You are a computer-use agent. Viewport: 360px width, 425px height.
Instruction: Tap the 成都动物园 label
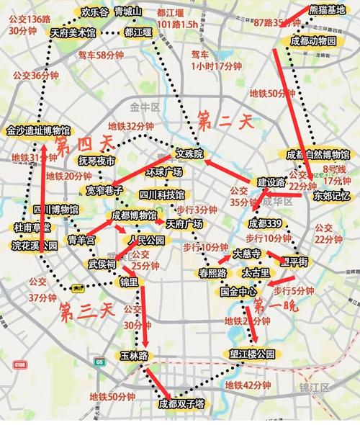click(x=313, y=42)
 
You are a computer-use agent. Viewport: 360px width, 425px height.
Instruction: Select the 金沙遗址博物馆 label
click(x=38, y=130)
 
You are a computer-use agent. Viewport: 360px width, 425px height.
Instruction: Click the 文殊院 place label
click(x=190, y=154)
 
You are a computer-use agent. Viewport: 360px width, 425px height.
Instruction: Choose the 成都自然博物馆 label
click(x=318, y=155)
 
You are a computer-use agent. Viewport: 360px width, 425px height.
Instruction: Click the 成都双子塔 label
click(x=182, y=404)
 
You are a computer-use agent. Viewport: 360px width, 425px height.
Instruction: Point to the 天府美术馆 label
click(x=73, y=33)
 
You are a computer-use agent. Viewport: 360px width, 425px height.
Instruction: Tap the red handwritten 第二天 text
click(x=225, y=118)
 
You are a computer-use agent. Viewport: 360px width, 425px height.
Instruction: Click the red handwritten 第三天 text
click(x=86, y=311)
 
